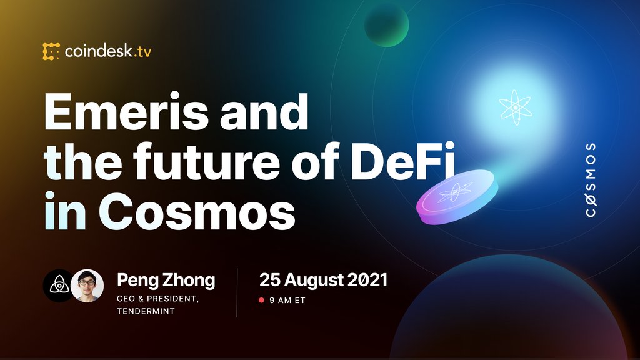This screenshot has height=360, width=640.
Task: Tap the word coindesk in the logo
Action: click(x=97, y=51)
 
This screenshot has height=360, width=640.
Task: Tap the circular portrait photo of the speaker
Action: click(x=87, y=286)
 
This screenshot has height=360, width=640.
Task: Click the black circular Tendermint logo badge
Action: click(x=59, y=286)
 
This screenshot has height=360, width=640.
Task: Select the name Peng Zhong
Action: click(x=166, y=280)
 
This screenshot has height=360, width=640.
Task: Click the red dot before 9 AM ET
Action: click(x=262, y=301)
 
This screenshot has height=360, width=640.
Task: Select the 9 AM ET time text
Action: click(x=287, y=301)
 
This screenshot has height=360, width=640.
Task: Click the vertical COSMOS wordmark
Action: click(x=590, y=180)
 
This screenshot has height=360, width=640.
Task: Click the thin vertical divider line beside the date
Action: click(x=237, y=292)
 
